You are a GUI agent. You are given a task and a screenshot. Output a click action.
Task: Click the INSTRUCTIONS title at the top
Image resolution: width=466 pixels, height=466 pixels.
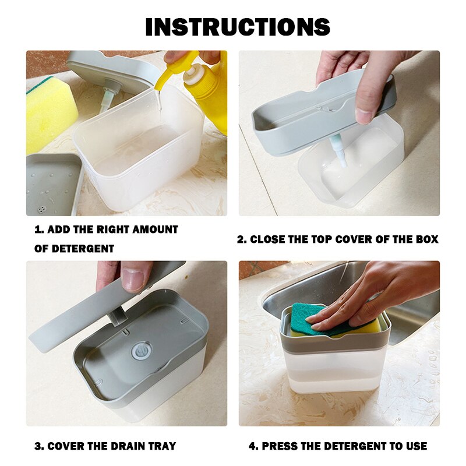pos(237,27)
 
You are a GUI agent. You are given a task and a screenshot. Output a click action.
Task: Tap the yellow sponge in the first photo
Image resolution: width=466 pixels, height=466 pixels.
pos(49,114)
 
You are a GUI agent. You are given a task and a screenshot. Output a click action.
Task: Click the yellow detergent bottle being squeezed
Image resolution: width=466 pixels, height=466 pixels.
pos(207,87)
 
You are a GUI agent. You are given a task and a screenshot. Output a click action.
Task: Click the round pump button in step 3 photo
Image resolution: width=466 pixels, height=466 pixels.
pos(141,350)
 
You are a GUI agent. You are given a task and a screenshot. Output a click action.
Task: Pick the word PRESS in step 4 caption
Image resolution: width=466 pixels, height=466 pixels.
pos(281,447)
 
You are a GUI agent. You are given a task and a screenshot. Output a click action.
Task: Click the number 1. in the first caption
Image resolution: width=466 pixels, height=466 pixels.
pos(38,230)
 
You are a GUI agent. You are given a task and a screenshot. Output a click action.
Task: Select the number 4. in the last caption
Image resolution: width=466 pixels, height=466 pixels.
pos(253,447)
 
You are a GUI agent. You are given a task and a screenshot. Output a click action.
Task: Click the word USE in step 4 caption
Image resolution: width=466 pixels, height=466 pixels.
pos(415,447)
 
